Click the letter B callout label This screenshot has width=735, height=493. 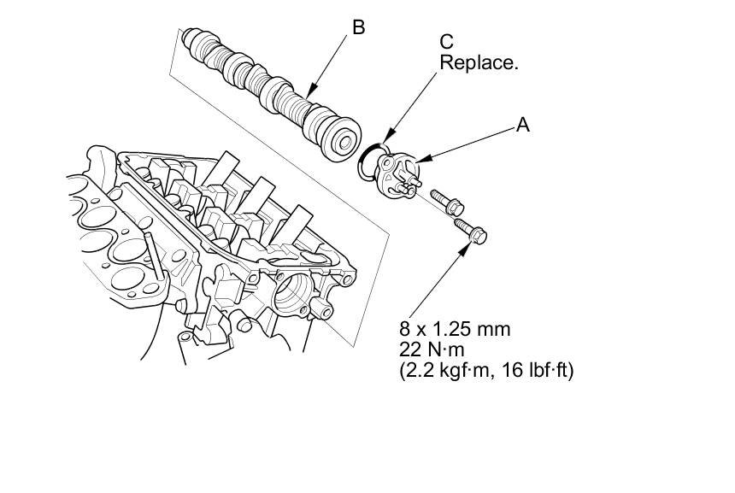click(359, 27)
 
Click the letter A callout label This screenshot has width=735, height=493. click(523, 125)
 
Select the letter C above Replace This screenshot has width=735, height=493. click(446, 42)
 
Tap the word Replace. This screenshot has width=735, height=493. click(479, 62)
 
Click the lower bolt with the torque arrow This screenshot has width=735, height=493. click(471, 231)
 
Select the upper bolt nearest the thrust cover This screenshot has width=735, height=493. click(447, 202)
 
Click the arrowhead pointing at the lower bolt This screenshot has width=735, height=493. click(464, 249)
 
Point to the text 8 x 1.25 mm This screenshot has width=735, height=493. click(455, 329)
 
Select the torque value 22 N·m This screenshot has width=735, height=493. click(432, 349)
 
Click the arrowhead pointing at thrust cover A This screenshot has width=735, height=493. click(423, 160)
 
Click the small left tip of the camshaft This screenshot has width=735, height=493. click(187, 37)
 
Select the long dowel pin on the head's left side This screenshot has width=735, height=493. click(155, 255)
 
